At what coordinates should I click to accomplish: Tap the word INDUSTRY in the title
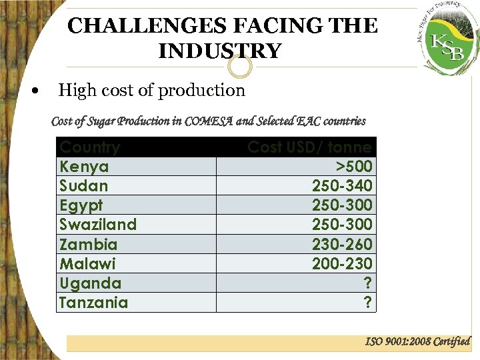(220, 51)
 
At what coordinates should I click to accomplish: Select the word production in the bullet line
(201, 91)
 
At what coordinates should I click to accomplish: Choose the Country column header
(90, 147)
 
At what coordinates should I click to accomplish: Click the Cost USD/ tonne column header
(309, 147)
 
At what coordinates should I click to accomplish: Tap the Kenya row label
(84, 167)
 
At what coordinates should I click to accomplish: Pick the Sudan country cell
(84, 186)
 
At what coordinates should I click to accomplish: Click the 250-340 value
(342, 186)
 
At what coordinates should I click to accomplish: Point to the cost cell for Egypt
(342, 205)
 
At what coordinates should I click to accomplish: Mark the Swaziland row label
(98, 225)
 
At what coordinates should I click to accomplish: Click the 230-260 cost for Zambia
(342, 245)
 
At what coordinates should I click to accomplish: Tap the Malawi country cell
(87, 264)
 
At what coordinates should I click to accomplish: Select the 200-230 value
(342, 264)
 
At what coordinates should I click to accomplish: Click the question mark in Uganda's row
(367, 283)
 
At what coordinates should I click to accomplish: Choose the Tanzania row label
(93, 303)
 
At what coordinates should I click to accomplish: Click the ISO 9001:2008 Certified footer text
(417, 342)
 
